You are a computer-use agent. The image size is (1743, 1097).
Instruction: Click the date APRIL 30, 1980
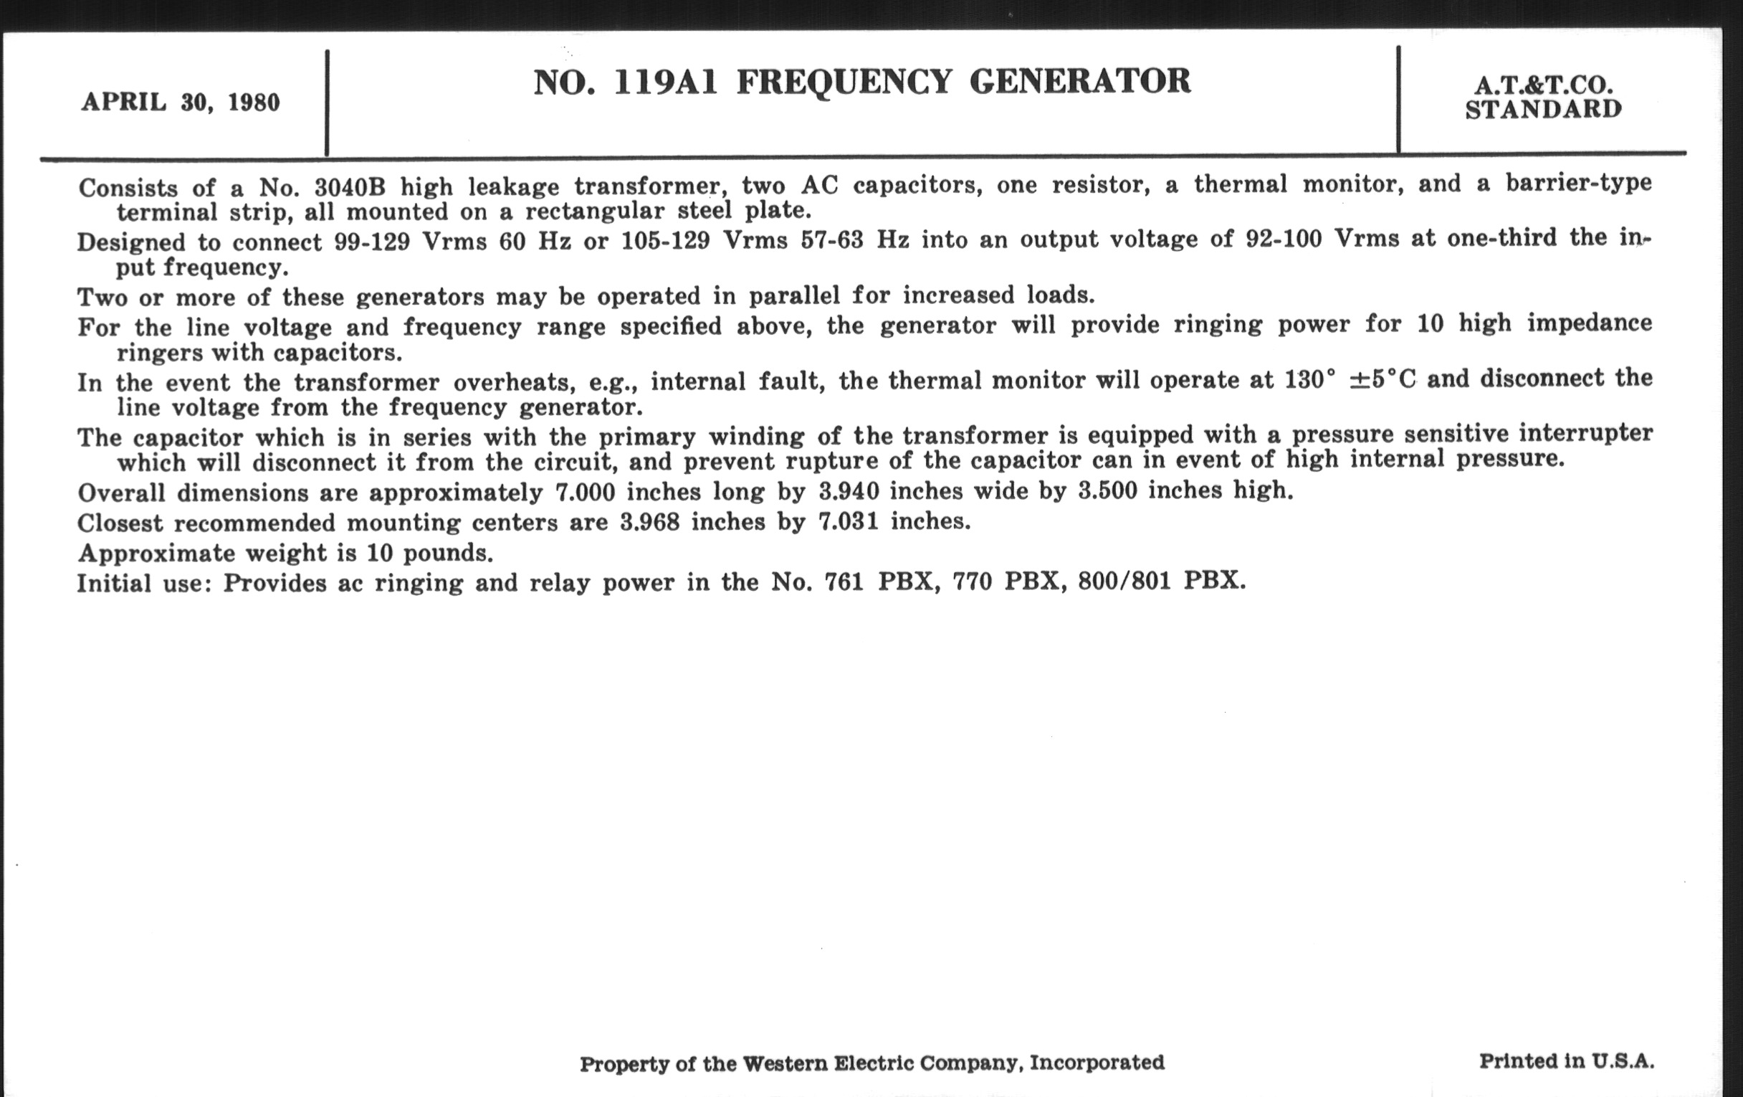pyautogui.click(x=180, y=102)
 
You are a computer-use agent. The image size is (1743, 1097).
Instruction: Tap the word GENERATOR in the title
pyautogui.click(x=1079, y=80)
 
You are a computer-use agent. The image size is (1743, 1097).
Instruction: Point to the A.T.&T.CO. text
pyautogui.click(x=1543, y=86)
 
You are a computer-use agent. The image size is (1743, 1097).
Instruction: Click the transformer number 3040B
pyautogui.click(x=350, y=187)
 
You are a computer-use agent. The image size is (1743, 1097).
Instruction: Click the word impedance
pyautogui.click(x=1590, y=323)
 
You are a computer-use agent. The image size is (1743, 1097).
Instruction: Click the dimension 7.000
pyautogui.click(x=585, y=493)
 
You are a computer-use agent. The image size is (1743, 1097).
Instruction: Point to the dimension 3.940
pyautogui.click(x=849, y=492)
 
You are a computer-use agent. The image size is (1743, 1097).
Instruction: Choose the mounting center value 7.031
pyautogui.click(x=848, y=521)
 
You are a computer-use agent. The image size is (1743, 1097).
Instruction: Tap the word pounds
pyautogui.click(x=447, y=554)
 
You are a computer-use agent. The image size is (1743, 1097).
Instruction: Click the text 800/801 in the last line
pyautogui.click(x=1124, y=581)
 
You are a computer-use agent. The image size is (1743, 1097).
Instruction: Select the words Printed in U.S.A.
pyautogui.click(x=1567, y=1061)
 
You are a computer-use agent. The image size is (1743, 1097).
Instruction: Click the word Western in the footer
pyautogui.click(x=785, y=1063)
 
